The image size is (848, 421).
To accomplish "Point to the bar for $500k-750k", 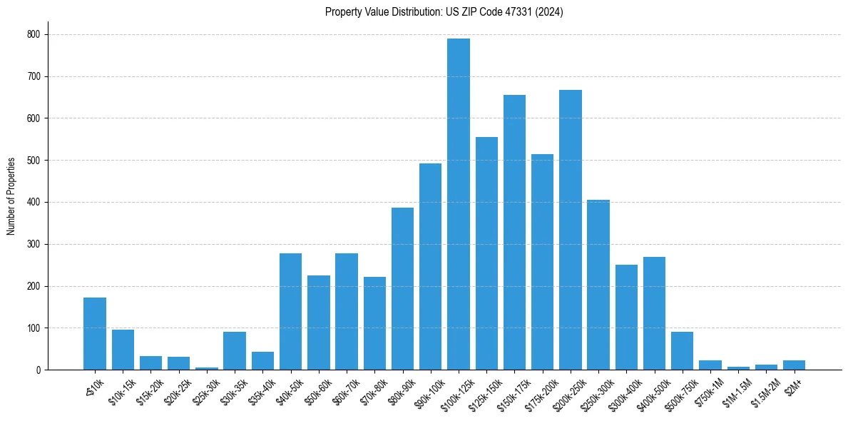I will tap(682, 351).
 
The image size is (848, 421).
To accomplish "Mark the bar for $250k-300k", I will tap(598, 285).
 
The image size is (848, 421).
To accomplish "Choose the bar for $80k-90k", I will tap(402, 289).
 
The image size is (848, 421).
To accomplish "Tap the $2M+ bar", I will tap(794, 365).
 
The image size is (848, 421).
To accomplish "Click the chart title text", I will tap(444, 12).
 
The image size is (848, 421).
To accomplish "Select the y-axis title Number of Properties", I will tap(11, 196).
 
